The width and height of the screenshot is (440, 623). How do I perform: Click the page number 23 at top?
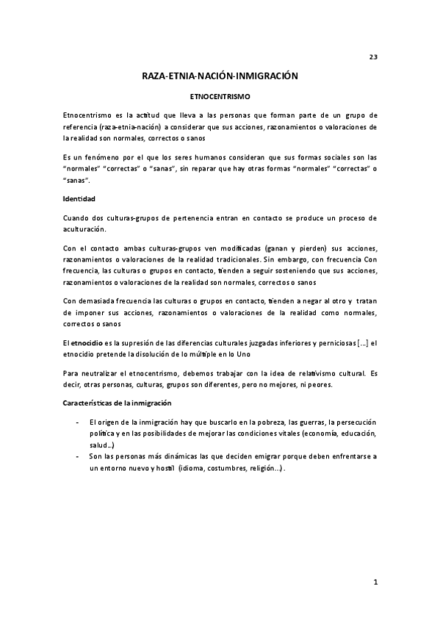(x=372, y=57)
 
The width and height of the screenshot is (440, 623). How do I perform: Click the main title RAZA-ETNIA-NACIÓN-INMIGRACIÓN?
(x=220, y=76)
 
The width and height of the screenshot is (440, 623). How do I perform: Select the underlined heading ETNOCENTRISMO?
(x=220, y=96)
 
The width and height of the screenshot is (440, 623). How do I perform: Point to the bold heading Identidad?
(x=79, y=199)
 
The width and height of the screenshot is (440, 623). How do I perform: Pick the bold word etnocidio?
(x=87, y=342)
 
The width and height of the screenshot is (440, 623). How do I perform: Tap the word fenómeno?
(x=104, y=157)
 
